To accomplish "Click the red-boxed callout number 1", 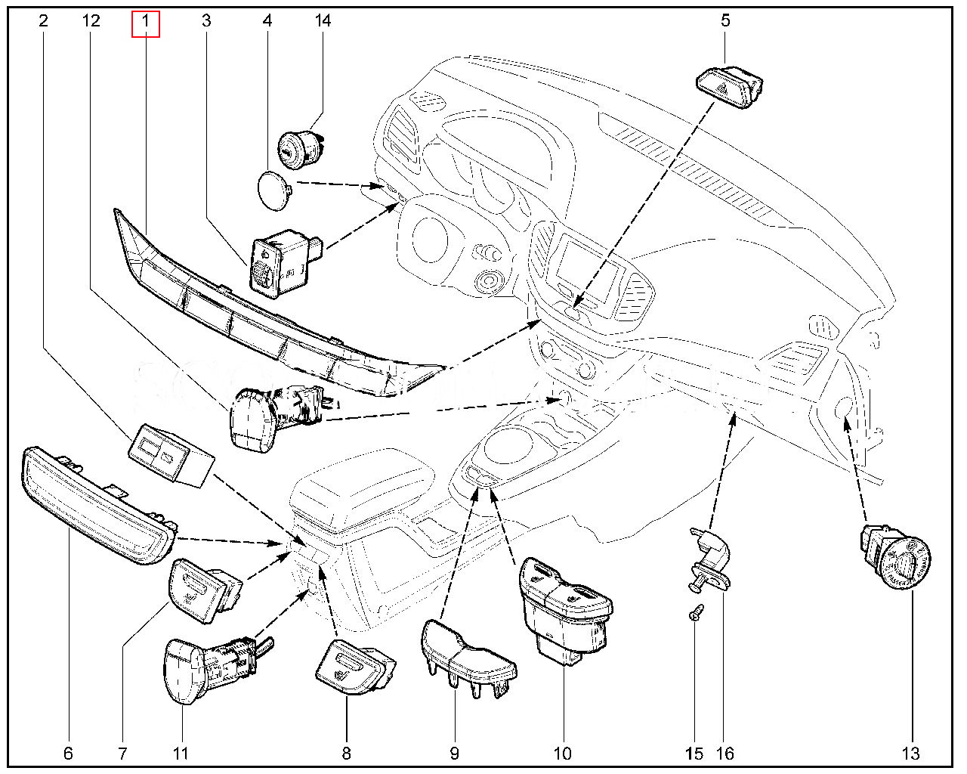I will pos(145,21).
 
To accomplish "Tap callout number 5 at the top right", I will pos(725,21).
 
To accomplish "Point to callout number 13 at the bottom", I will pos(911,753).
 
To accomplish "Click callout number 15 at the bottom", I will pos(694,753).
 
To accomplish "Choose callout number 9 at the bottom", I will pos(454,753).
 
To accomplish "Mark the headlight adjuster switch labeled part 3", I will pos(281,263).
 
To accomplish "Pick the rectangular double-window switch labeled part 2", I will pos(170,454).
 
